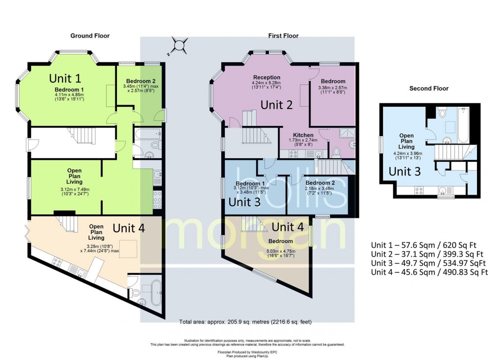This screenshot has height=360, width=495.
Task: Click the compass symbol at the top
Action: [180, 45]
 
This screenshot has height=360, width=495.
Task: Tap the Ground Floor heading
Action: [90, 36]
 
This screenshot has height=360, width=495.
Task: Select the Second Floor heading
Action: [428, 89]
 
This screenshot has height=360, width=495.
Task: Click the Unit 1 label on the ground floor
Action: [65, 78]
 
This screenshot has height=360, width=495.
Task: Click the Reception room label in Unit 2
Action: [266, 77]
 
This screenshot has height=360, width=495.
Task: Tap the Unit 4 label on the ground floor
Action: [129, 228]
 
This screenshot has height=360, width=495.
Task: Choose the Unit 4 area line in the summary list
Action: [429, 272]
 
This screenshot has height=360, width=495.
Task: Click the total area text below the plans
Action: [245, 322]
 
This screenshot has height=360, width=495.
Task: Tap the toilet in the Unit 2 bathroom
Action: [336, 152]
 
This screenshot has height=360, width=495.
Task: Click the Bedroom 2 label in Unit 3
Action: [320, 182]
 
